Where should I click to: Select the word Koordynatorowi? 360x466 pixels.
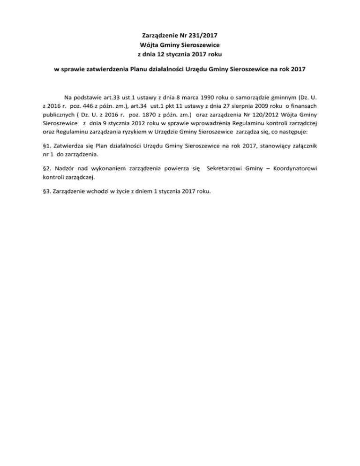point(290,168)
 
